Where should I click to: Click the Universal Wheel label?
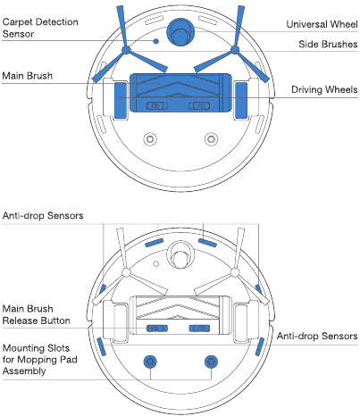pos(322,24)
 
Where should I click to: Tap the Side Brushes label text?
pos(328,45)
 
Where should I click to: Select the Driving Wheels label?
pos(324,89)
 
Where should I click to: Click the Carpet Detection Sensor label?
pos(40,28)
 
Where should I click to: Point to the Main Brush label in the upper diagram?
pos(28,76)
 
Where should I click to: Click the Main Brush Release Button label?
pos(37,314)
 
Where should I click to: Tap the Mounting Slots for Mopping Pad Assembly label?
pos(40,360)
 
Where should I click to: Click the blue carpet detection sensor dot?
pos(156,41)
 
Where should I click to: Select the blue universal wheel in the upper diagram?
pos(180,32)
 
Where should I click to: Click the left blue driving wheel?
pos(121,101)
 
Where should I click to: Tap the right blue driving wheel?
pos(241,101)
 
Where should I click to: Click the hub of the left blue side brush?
pos(126,50)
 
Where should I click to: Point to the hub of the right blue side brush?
pos(235,50)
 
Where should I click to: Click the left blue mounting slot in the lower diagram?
pos(150,362)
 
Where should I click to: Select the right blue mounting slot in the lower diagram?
pos(211,362)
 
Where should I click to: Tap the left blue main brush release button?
pos(157,329)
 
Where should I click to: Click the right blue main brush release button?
pos(199,329)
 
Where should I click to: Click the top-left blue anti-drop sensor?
pos(154,243)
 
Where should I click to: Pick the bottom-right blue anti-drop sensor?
pos(260,346)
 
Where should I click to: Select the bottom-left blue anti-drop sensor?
pos(102,346)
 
